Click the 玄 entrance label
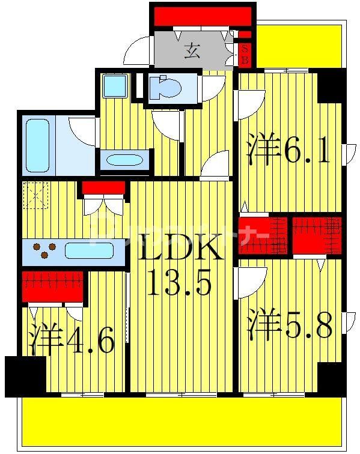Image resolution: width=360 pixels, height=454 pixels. (x=192, y=51)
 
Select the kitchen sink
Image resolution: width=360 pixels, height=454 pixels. (x=89, y=250)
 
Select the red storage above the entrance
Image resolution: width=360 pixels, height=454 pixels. (x=202, y=16)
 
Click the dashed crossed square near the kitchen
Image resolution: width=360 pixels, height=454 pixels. (x=35, y=195)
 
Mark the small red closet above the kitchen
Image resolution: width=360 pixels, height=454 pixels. (x=103, y=188)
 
